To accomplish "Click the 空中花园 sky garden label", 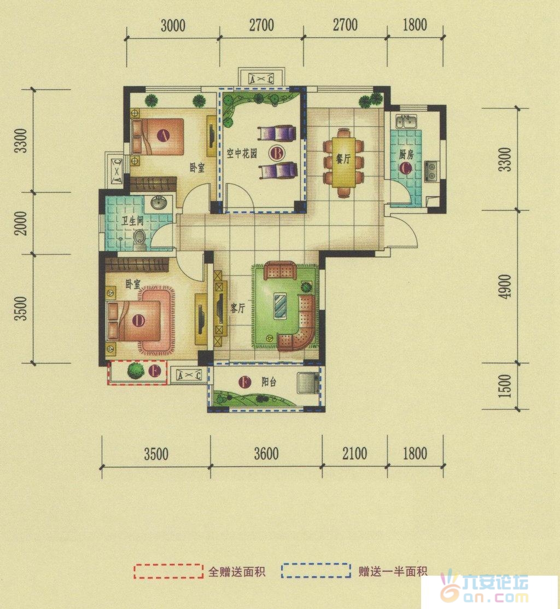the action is [242, 153].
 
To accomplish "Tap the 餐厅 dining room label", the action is [343, 159].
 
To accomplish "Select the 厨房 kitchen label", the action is [406, 155].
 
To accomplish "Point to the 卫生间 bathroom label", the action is [132, 221].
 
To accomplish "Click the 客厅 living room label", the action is [237, 308].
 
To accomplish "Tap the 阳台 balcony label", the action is [269, 382].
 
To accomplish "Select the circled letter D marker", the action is [138, 321].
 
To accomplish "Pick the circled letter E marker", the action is [154, 372].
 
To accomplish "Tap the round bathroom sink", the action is [159, 202].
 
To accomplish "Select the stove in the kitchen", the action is [431, 171].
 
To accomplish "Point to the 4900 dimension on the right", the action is [505, 287].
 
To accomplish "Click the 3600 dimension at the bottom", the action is [266, 454].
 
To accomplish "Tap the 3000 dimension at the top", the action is [173, 26].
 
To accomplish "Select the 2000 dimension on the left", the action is [21, 223].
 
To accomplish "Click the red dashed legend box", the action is [168, 571].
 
